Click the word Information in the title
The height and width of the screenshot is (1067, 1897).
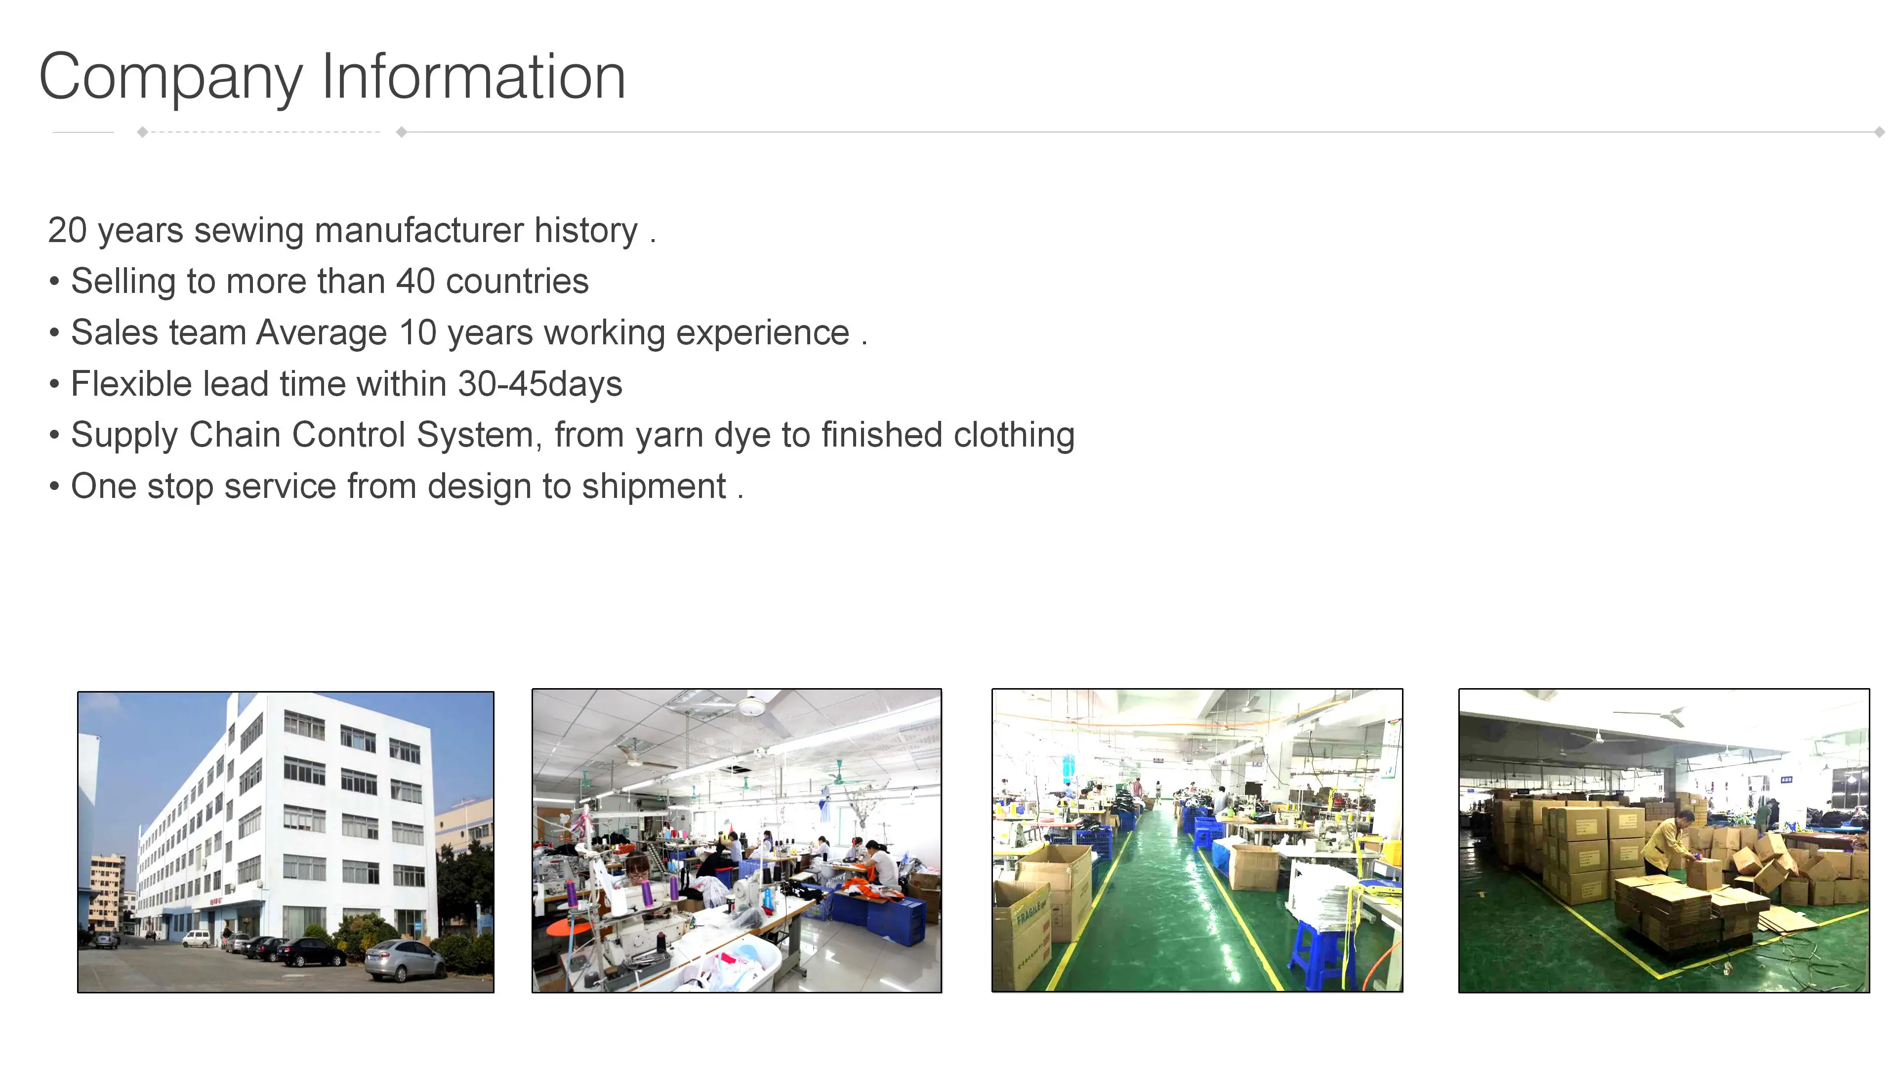tap(474, 76)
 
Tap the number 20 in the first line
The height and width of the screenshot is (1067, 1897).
tap(68, 231)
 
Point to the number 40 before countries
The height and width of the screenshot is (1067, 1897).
tap(415, 281)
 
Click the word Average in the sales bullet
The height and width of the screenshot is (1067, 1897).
tap(321, 333)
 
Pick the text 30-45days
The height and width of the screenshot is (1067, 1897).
tap(540, 384)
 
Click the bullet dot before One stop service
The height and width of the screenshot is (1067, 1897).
tap(54, 487)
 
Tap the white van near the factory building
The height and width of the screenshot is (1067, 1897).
tap(196, 938)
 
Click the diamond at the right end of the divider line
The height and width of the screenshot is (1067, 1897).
tap(1879, 132)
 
